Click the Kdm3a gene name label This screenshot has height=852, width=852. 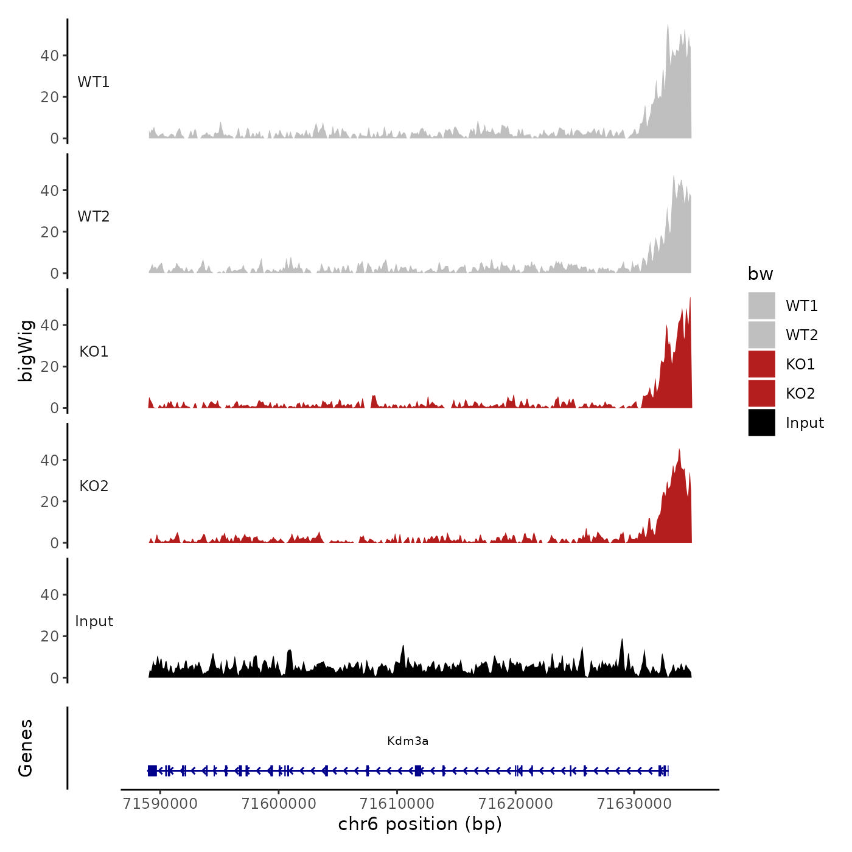click(408, 741)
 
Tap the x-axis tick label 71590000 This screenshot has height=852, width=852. click(160, 804)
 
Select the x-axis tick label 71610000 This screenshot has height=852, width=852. click(397, 804)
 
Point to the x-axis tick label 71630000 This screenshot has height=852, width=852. click(634, 804)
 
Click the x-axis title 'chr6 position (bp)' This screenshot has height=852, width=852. click(420, 825)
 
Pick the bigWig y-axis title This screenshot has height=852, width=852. click(26, 351)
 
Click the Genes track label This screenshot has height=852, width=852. click(26, 748)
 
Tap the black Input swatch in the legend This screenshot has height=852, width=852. click(761, 422)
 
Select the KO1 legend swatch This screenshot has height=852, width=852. click(761, 364)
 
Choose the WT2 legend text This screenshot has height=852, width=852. click(801, 335)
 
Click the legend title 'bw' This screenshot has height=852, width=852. click(760, 274)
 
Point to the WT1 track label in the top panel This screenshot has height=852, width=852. click(94, 82)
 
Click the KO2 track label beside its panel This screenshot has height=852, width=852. click(94, 486)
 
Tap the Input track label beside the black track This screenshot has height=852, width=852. click(94, 621)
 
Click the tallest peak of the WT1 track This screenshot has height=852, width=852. click(668, 26)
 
